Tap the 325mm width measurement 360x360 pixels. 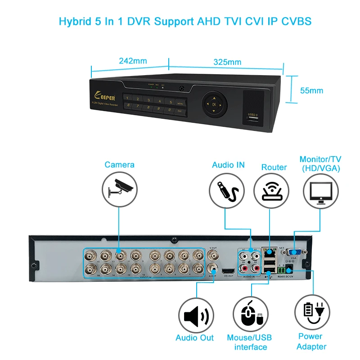[x=227, y=62]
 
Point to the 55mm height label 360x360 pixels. [x=311, y=90]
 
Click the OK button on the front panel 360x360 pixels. [x=214, y=105]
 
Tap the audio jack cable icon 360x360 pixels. [x=228, y=191]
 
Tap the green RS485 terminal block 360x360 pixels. [x=281, y=270]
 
